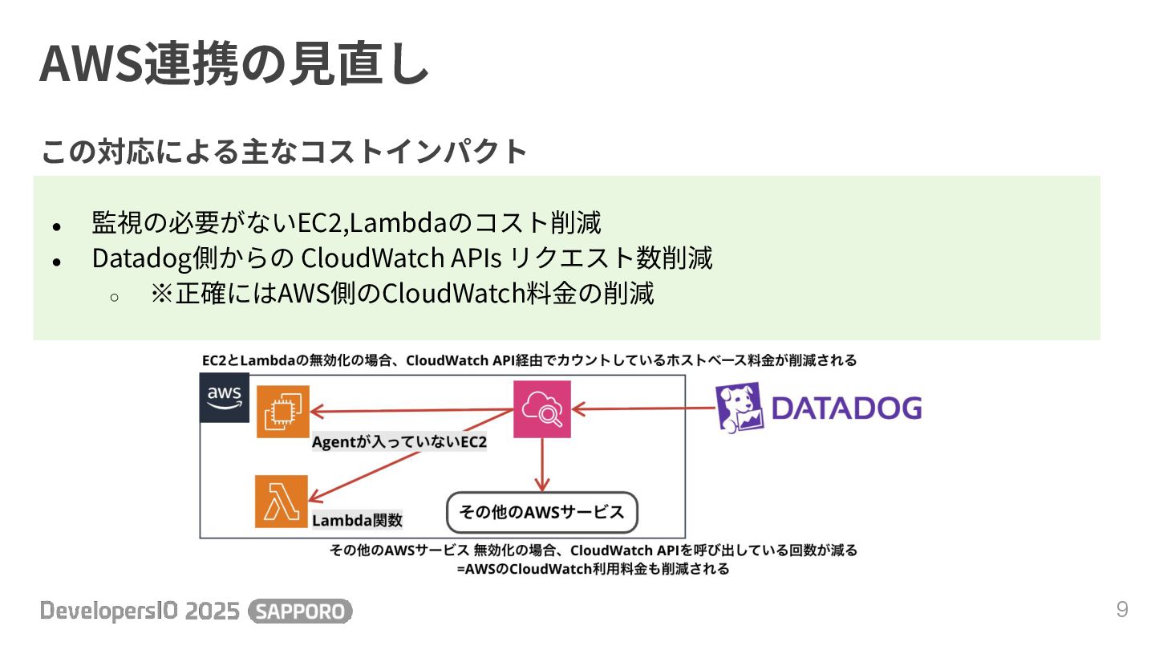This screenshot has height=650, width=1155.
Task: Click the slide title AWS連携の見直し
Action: (x=233, y=64)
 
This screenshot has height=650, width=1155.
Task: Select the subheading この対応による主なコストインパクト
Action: (x=284, y=151)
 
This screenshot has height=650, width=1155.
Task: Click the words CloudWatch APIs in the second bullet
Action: (x=402, y=258)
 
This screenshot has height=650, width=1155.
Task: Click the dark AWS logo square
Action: (x=225, y=397)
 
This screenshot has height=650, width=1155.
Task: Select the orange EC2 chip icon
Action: (x=282, y=412)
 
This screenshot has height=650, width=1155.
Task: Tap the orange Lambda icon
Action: (x=282, y=502)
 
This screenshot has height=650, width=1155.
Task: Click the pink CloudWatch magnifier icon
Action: (x=542, y=410)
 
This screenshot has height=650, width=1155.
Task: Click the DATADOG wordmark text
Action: (x=845, y=408)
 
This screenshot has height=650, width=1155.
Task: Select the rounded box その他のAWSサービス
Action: (x=541, y=512)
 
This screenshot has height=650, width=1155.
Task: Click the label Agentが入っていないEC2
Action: (x=399, y=442)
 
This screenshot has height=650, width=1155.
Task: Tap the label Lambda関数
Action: (x=357, y=520)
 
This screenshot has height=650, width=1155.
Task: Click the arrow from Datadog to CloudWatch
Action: (x=642, y=409)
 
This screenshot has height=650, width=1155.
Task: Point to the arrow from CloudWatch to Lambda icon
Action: (x=413, y=454)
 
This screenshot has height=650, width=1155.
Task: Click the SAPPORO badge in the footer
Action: (x=301, y=611)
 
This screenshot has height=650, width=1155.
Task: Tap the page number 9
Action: (x=1122, y=609)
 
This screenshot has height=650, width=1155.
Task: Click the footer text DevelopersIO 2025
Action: (x=140, y=611)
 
